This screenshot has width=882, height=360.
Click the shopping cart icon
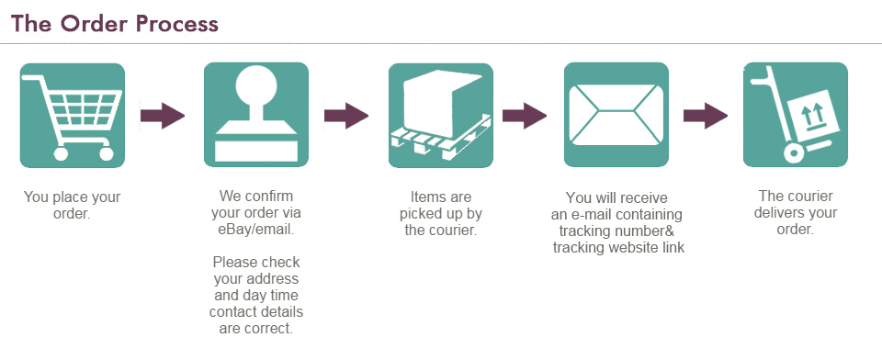(72, 116)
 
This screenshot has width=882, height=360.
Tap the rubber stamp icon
(256, 115)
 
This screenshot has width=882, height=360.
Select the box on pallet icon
(440, 116)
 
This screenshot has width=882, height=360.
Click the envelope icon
(616, 115)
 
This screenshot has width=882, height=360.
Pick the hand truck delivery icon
(796, 115)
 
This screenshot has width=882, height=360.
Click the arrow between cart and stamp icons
(163, 116)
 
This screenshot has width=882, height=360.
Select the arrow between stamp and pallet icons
(346, 116)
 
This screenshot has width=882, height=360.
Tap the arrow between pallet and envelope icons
(525, 116)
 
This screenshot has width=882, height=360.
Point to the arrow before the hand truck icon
(706, 116)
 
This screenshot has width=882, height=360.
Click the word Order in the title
(86, 24)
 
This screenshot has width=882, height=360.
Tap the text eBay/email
(256, 230)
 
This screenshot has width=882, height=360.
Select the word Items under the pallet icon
(426, 197)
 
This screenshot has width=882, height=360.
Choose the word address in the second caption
(277, 278)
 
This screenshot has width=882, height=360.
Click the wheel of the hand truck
(793, 152)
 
